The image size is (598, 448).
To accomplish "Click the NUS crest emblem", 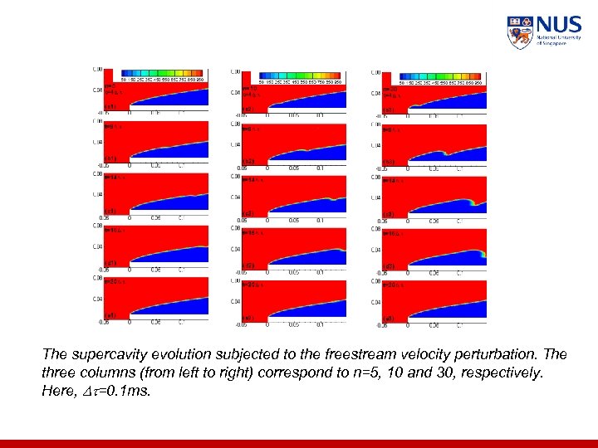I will click(x=520, y=32).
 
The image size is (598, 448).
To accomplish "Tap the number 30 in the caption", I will click(x=447, y=373).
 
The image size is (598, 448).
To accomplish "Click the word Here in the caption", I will click(x=56, y=392).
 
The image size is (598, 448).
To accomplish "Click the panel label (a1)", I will click(x=110, y=107).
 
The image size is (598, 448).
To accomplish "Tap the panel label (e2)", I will click(x=248, y=318).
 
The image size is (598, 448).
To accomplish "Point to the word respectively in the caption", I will click(x=501, y=373).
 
